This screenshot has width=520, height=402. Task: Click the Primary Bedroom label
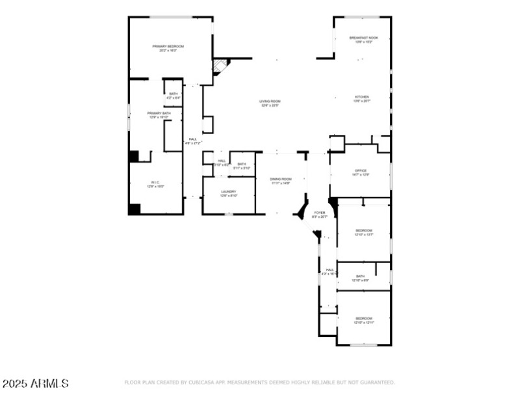pos(168,48)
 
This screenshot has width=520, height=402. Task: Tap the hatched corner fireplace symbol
pos(220,66)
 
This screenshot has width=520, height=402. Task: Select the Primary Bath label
pos(159,115)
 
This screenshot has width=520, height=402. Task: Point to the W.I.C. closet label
pos(155,184)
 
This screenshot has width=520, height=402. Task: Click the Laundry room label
pos(228,193)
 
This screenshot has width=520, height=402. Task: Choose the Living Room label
pos(270,103)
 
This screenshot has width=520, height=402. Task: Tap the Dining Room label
pos(280,181)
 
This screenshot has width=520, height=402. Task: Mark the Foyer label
pos(319,215)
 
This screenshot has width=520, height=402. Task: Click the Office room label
pos(360,172)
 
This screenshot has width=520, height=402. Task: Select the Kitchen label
pos(361,99)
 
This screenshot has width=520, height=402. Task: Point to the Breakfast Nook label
pos(363,40)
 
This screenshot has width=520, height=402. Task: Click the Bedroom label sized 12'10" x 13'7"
pos(363,232)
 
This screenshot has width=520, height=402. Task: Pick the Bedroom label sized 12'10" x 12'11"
pos(363,320)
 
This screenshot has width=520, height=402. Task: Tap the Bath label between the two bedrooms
pos(360,278)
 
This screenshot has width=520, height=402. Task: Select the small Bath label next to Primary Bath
pos(173,96)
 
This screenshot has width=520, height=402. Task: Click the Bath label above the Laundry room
pos(241,166)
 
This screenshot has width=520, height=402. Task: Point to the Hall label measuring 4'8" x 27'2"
pos(193,141)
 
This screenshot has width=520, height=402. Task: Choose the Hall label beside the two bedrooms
pos(330,272)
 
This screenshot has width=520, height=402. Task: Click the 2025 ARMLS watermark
pos(35,384)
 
